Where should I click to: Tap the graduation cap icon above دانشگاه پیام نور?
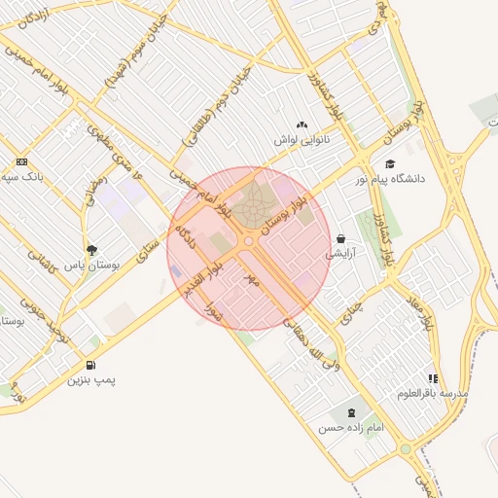(x=389, y=164)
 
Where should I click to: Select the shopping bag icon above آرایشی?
(x=341, y=238)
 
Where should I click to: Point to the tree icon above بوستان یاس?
(x=91, y=249)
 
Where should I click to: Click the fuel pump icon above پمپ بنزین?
(x=90, y=365)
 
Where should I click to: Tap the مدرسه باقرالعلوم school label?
(x=433, y=393)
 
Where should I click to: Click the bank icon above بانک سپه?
(x=21, y=161)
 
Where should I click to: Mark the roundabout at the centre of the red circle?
(x=249, y=240)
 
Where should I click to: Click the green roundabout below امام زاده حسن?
(x=405, y=449)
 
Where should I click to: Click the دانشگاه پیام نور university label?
(x=420, y=179)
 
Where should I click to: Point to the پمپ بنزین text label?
(x=90, y=380)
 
